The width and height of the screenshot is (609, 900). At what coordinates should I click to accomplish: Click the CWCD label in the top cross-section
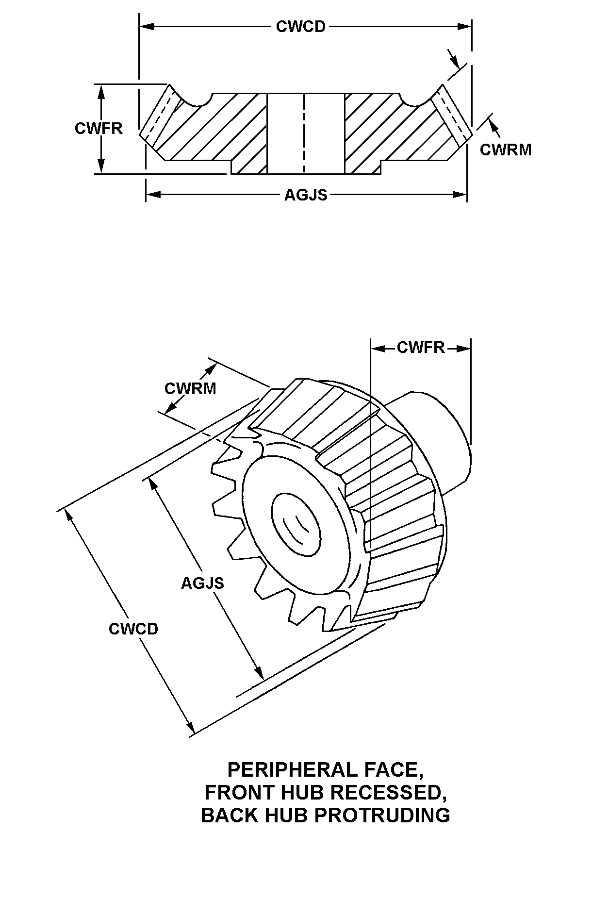pos(300,26)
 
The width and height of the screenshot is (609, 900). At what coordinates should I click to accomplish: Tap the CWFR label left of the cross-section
pos(99,128)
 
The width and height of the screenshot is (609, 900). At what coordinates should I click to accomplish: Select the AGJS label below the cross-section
pos(306,195)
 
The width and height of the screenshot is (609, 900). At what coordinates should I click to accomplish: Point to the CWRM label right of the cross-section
pos(506,150)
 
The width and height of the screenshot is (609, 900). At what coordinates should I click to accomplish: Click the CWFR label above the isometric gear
pos(421,347)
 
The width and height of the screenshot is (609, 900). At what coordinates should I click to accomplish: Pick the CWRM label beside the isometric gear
pos(190,388)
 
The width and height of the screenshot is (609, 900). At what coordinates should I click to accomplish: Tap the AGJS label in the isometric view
pos(202,583)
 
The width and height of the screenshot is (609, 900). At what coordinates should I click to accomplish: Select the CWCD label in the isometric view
pos(133,629)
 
